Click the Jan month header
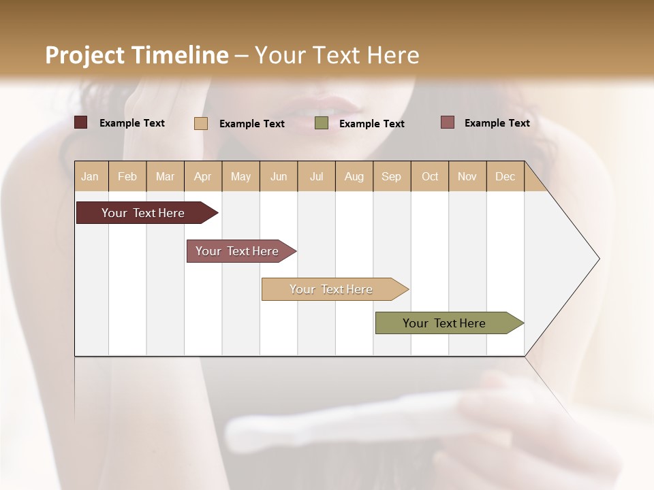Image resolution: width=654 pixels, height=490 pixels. point(90,176)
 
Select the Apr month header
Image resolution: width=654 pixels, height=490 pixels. point(202,176)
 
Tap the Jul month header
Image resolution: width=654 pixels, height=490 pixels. point(316,176)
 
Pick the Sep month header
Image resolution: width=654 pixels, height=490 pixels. point(391,176)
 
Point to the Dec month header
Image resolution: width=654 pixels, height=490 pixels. point(505,176)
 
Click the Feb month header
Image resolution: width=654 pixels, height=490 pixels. point(127,176)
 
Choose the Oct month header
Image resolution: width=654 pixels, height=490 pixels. point(430,176)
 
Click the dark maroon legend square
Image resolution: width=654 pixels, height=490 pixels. point(81,122)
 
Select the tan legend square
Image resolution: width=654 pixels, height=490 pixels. point(201,123)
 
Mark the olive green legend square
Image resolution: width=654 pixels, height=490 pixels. point(322,122)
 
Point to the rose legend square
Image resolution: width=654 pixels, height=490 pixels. point(448,122)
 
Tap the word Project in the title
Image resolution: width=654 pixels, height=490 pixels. point(84,56)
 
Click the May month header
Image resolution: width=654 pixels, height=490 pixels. point(240,176)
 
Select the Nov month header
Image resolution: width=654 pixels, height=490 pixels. point(467,176)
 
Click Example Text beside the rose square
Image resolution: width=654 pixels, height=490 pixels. point(497,122)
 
